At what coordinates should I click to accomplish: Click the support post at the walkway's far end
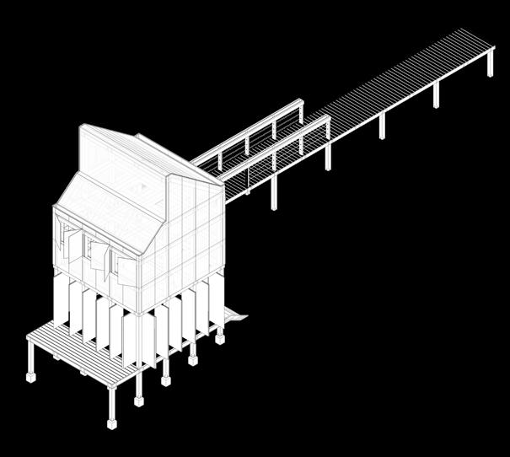[x=491, y=65]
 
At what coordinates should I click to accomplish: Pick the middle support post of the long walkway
[x=382, y=126]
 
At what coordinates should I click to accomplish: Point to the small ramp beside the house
[x=234, y=317]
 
